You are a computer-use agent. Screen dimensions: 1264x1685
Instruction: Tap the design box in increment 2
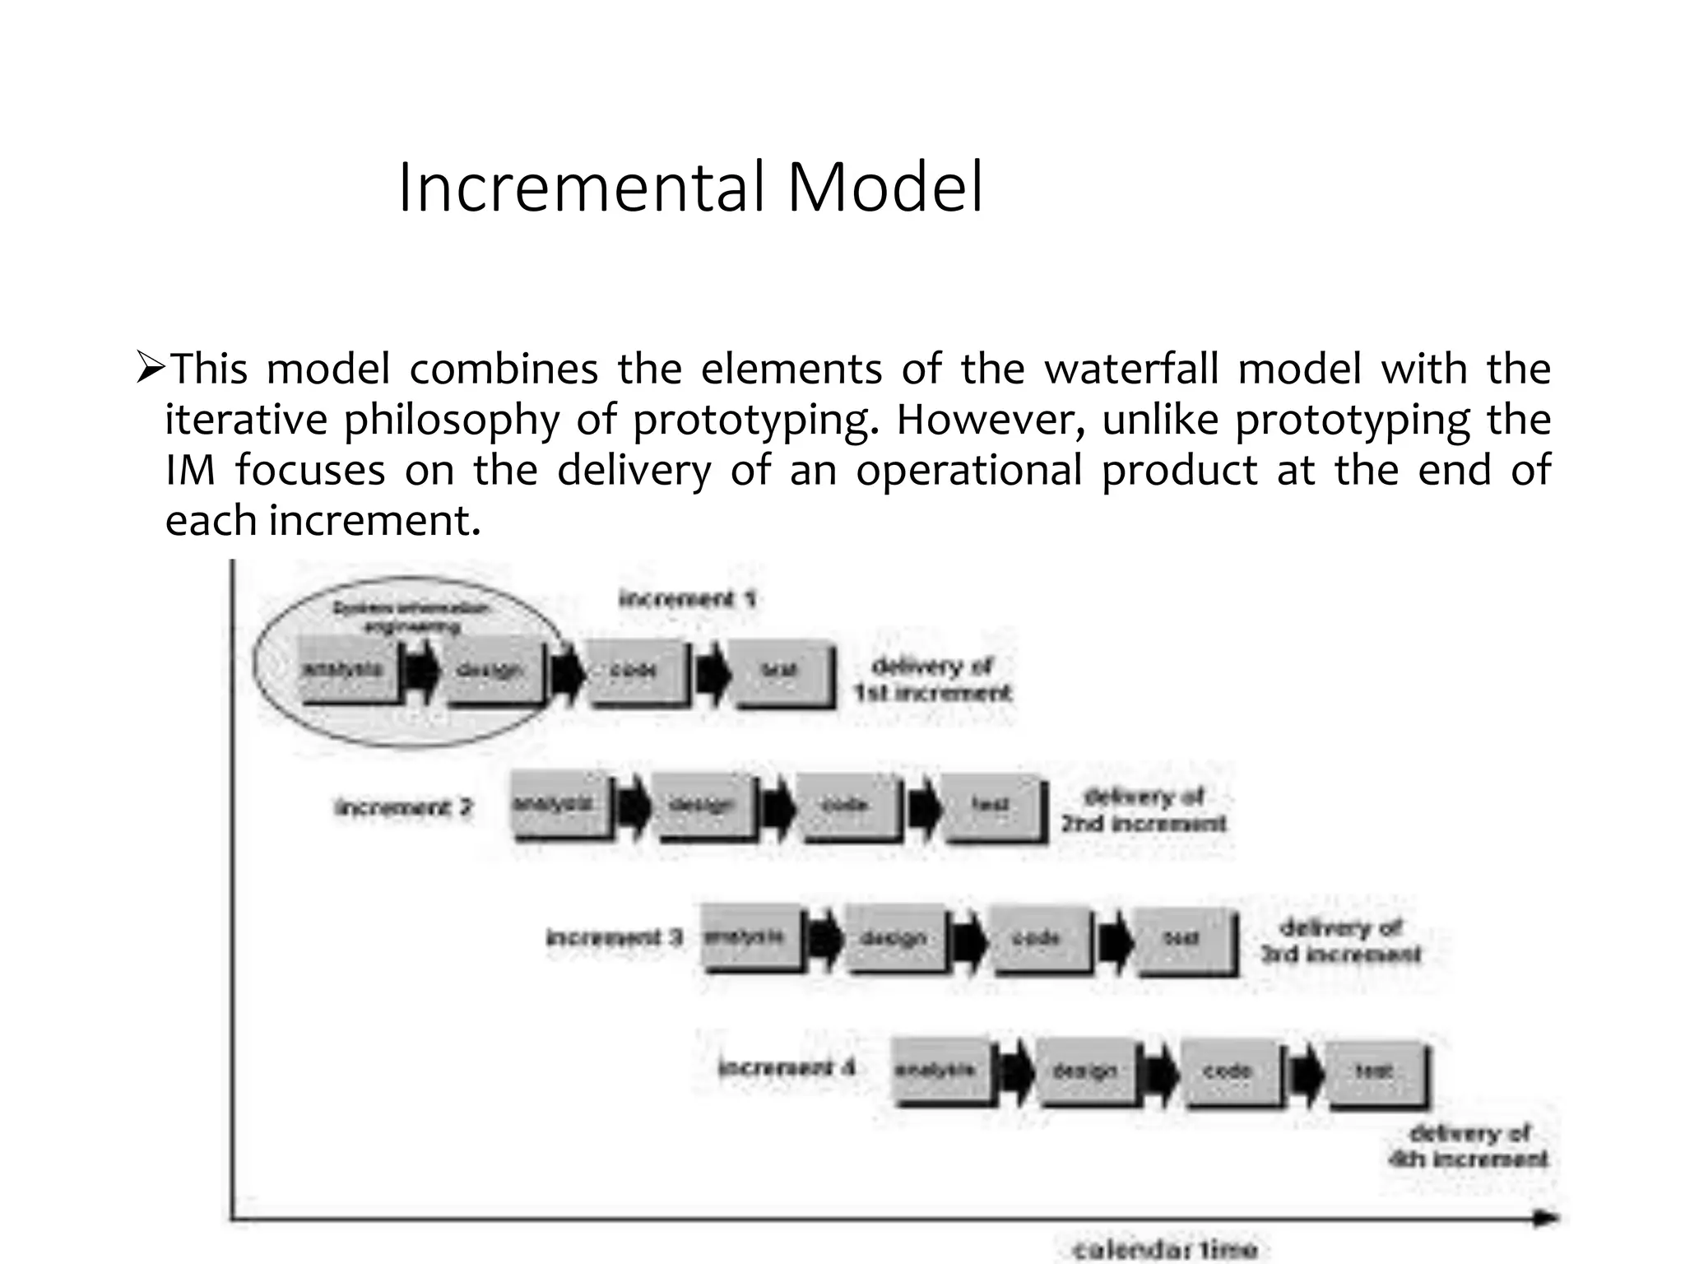[702, 805]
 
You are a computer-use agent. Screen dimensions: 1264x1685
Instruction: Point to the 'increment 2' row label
[404, 807]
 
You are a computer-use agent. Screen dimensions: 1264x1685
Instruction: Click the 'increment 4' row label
[787, 1068]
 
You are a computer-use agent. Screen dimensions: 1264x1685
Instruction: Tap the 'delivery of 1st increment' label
[932, 679]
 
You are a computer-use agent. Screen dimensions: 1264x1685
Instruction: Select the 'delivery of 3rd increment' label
[1340, 941]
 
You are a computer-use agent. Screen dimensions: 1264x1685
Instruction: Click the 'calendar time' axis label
[1165, 1249]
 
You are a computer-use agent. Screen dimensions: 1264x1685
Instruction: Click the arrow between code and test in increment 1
[713, 673]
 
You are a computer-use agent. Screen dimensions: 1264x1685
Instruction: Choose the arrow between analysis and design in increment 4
[1014, 1072]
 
